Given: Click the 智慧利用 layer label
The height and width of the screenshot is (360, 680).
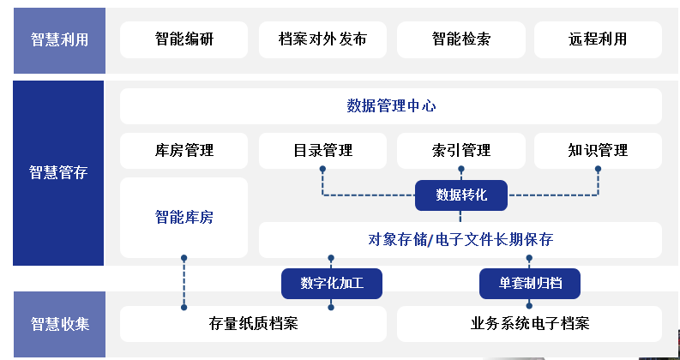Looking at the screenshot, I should pos(58,39).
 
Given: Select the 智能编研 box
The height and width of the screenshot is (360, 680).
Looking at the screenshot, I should pos(184,39).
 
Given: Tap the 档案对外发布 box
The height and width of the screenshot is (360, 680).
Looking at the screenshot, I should pos(322,39).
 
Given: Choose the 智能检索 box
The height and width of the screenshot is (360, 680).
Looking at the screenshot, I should pos(460,39).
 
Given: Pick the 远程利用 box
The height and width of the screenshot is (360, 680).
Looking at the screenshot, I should pos(598,39).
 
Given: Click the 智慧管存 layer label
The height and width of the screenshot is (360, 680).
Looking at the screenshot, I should pos(58,172).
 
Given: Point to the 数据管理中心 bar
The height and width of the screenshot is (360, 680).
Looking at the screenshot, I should pos(391,106).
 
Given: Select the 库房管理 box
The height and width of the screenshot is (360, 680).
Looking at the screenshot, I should pos(184,151).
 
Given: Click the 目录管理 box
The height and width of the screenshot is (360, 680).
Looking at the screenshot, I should pos(322,151).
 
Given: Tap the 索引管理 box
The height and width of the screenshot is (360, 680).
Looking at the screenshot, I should pos(460,151).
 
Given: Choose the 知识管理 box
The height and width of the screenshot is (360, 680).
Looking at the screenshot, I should pos(598,151).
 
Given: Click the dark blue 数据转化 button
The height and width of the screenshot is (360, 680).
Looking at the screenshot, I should pos(461,195).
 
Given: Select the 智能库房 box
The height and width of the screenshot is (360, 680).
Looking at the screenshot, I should pos(184,218).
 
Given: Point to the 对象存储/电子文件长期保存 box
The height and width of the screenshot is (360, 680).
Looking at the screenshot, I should pos(460,240).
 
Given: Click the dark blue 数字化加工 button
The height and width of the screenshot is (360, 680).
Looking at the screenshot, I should pos(331,284).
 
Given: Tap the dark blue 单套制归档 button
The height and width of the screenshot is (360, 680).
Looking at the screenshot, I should pos(529,284).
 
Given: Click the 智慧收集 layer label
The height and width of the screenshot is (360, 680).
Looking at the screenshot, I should pos(58,324).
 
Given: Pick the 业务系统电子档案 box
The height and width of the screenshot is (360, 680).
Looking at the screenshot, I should pos(529,324).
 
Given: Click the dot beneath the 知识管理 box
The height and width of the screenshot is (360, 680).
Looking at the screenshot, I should pos(598,169).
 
